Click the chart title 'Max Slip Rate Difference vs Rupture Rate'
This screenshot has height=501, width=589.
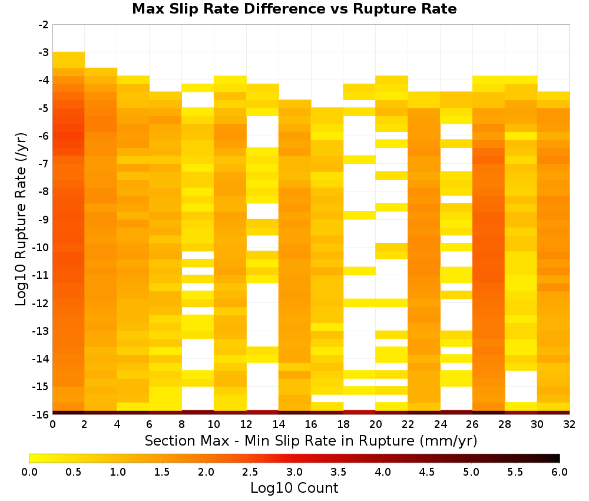click(294, 9)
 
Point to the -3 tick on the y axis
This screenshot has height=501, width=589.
click(44, 52)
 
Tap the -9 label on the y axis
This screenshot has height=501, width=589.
click(44, 219)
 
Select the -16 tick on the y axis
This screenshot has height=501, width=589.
click(41, 414)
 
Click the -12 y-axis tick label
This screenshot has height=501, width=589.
click(41, 303)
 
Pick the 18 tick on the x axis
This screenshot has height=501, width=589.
click(343, 424)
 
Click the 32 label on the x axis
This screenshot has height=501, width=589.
click(570, 424)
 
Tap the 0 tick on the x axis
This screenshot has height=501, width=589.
click(52, 424)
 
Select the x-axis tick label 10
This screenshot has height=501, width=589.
click(214, 424)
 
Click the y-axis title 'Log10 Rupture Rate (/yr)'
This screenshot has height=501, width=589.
click(21, 219)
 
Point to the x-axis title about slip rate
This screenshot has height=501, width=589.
click(310, 440)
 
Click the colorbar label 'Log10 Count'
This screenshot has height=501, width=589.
click(294, 488)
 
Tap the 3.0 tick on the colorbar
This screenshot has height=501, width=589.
click(294, 472)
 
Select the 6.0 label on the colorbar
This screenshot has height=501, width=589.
click(560, 472)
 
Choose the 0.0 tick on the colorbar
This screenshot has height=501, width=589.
click(29, 472)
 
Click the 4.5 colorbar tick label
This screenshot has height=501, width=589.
click(427, 472)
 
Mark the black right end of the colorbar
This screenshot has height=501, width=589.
click(560, 458)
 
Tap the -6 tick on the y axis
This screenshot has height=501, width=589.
click(44, 136)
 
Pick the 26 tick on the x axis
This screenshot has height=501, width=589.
click(472, 424)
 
